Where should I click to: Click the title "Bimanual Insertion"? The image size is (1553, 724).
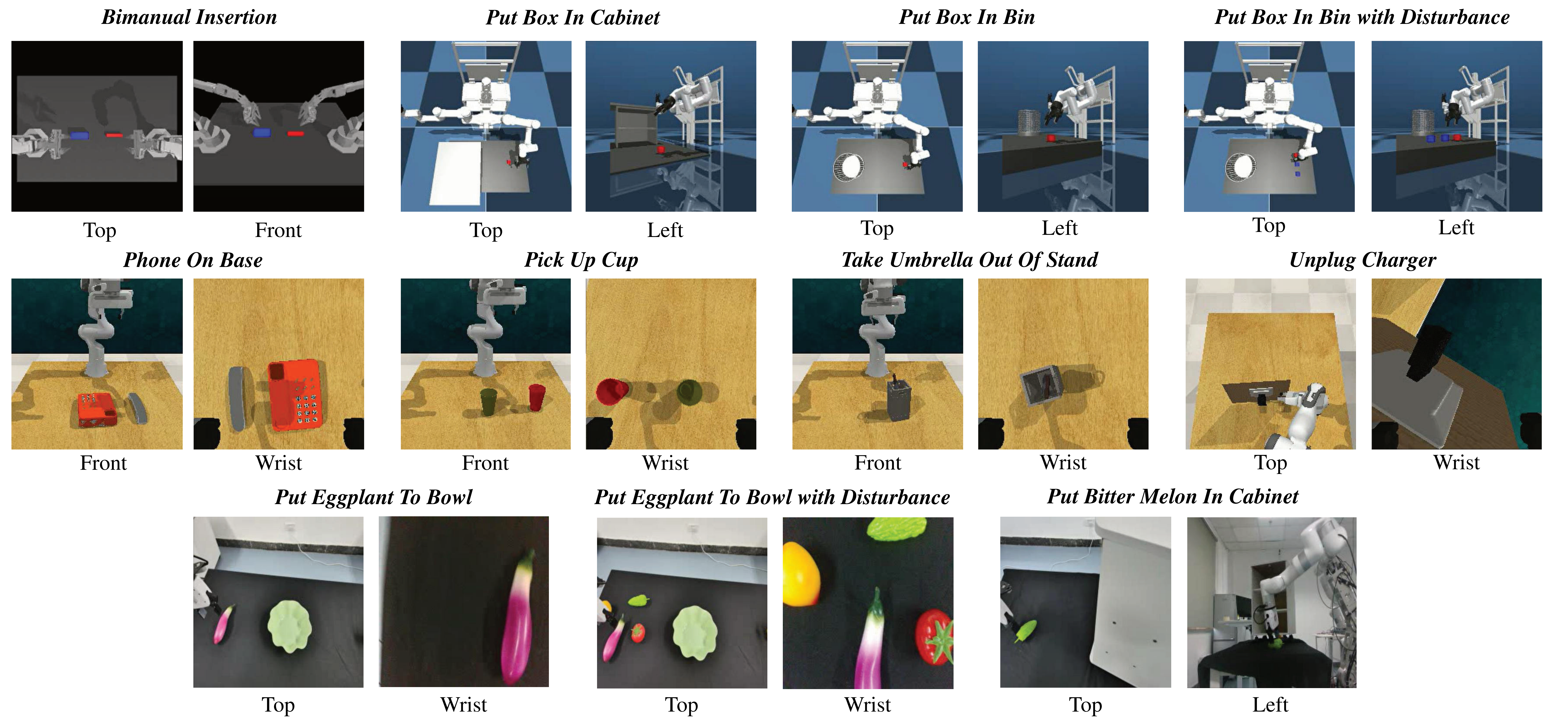point(189,17)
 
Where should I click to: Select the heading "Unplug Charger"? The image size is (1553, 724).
point(1362,260)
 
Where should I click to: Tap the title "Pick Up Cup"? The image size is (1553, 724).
point(581,260)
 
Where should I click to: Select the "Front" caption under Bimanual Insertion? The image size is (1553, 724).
point(278,230)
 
